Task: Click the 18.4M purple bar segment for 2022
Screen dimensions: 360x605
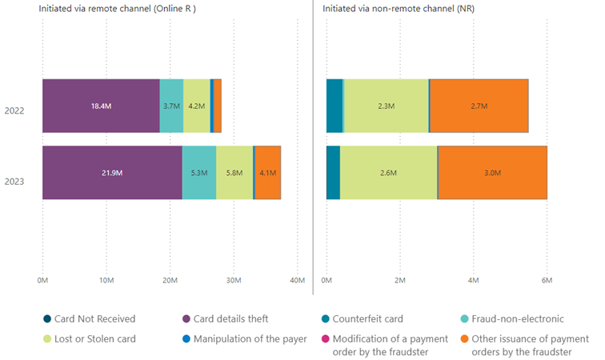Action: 101,106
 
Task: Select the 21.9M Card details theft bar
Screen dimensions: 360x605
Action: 112,172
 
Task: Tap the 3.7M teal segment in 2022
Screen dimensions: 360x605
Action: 171,106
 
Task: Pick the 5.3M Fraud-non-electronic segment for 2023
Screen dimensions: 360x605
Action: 199,172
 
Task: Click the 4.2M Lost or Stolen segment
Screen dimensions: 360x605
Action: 196,106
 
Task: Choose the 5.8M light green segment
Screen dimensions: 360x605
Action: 234,172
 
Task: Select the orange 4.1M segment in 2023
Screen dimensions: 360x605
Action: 267,172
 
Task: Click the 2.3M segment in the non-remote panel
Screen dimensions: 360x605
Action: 386,106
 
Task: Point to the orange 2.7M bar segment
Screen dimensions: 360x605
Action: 479,106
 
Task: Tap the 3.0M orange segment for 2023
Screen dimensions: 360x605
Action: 492,172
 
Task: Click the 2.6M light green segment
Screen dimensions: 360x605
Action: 389,172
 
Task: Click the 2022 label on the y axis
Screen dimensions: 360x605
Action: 14,110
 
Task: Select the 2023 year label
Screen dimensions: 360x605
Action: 14,182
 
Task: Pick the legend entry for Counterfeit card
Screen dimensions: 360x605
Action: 374,320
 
